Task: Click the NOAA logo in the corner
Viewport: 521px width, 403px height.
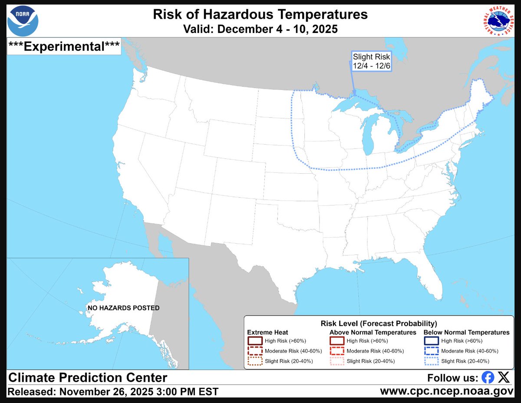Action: coord(23,20)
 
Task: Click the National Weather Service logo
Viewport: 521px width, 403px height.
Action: coord(498,20)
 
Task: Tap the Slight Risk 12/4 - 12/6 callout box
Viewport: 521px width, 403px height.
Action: coord(372,61)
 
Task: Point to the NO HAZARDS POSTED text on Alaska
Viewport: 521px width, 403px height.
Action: coord(124,308)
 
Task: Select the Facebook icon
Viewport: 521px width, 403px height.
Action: coord(488,377)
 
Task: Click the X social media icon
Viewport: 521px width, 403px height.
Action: coord(504,377)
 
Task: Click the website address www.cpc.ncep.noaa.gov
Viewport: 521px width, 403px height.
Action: coord(449,391)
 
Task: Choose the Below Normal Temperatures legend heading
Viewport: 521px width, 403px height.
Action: coord(466,332)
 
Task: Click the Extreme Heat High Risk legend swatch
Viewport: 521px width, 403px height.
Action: coord(255,341)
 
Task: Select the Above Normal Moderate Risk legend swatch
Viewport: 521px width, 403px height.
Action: coord(337,351)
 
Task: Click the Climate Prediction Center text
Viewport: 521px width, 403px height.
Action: coord(88,377)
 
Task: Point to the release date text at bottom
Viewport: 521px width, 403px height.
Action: coord(113,391)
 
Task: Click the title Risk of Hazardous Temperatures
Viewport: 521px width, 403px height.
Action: coord(260,14)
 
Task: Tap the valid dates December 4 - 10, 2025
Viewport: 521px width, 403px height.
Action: coord(260,29)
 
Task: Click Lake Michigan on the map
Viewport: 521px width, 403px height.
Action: coord(368,134)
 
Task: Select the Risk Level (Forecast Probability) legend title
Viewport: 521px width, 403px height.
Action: coord(379,324)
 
